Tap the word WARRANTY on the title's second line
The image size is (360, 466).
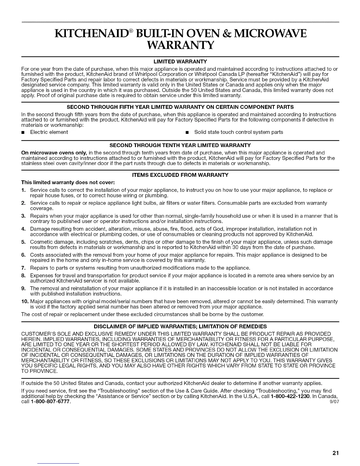pyautogui.click(x=180, y=46)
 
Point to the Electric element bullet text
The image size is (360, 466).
pyautogui.click(x=49, y=132)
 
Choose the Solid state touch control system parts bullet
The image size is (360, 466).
pyautogui.click(x=239, y=132)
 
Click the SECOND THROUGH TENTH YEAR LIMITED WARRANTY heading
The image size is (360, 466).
pyautogui.click(x=180, y=145)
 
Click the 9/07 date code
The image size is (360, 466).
pyautogui.click(x=335, y=402)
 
